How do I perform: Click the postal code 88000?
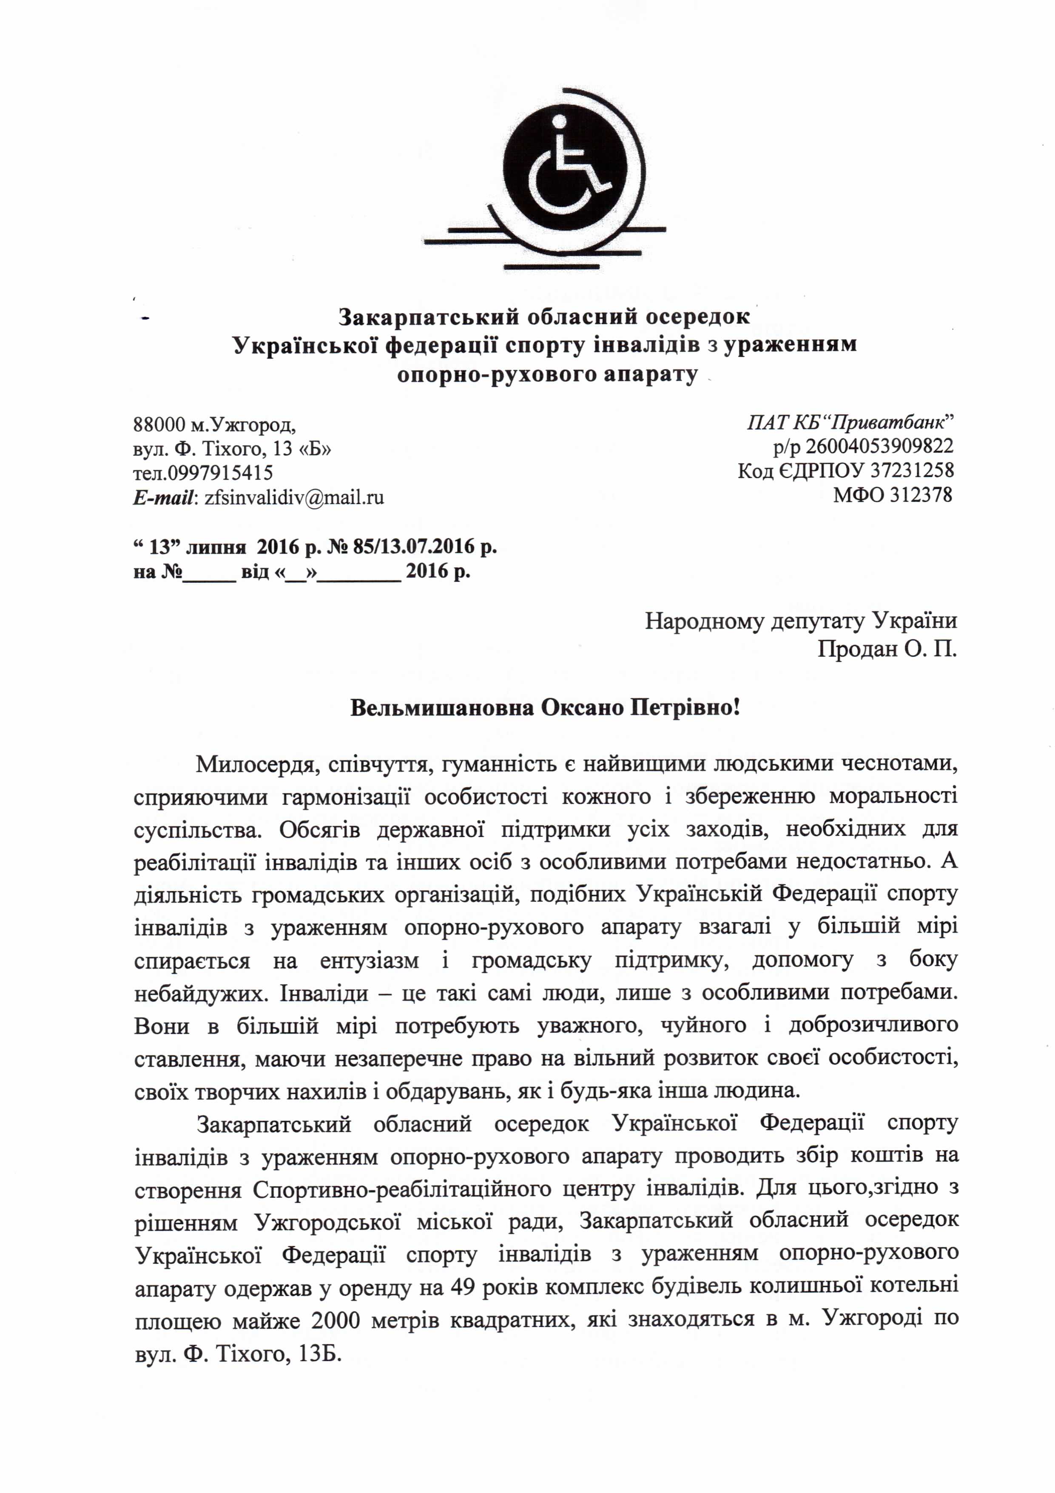tap(159, 425)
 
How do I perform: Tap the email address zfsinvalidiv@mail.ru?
tap(294, 497)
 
